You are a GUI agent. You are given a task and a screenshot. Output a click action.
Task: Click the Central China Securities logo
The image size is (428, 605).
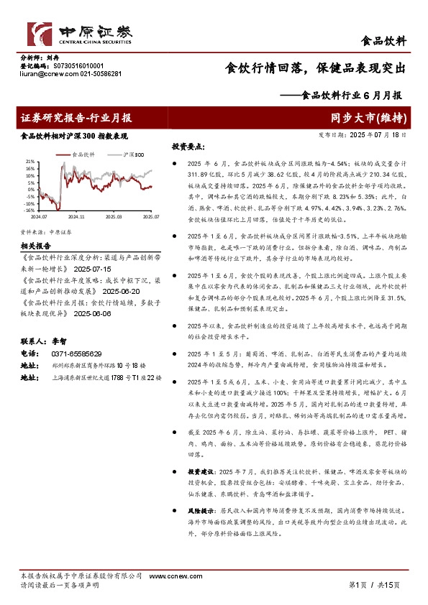pos(79,31)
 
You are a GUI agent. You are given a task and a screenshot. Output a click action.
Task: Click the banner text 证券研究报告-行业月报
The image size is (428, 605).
pos(76,118)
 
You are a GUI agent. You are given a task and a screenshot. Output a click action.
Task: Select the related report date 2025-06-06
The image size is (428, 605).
pos(91,313)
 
